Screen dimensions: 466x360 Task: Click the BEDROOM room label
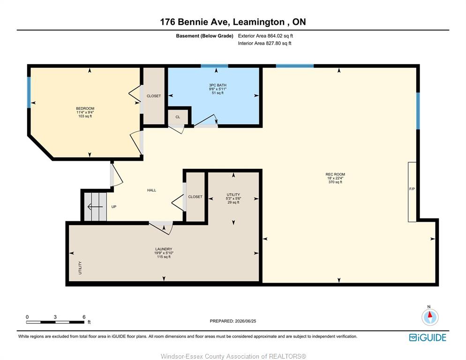(x=85, y=108)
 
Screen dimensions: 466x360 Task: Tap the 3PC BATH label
(x=218, y=85)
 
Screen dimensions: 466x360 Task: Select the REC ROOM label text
(x=335, y=174)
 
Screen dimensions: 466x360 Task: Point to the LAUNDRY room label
(x=164, y=249)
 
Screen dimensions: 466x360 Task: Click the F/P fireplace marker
(x=412, y=189)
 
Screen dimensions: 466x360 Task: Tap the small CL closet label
(x=178, y=117)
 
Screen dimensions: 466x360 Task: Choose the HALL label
(x=151, y=190)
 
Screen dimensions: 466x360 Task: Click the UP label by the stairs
(x=114, y=207)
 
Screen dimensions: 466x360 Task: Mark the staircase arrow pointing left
(x=95, y=207)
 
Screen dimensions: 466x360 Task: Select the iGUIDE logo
(x=428, y=337)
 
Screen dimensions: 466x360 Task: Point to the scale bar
(x=55, y=322)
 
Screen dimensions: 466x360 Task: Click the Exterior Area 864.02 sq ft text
(x=265, y=36)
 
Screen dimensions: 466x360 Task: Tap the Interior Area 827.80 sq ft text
(x=264, y=43)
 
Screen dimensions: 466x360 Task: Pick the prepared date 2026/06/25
(x=246, y=321)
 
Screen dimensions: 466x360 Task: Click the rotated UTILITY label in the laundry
(x=80, y=268)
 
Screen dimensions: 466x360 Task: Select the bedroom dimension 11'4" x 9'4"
(x=85, y=112)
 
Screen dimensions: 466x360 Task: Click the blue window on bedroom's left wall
(x=29, y=92)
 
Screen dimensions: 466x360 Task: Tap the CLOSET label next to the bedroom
(x=154, y=96)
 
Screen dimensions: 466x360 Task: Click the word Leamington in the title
(x=259, y=22)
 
